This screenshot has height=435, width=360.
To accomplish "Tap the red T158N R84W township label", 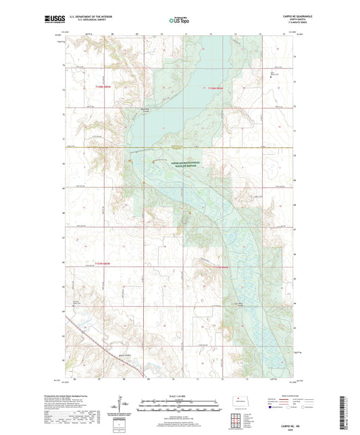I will tap(213, 88).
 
